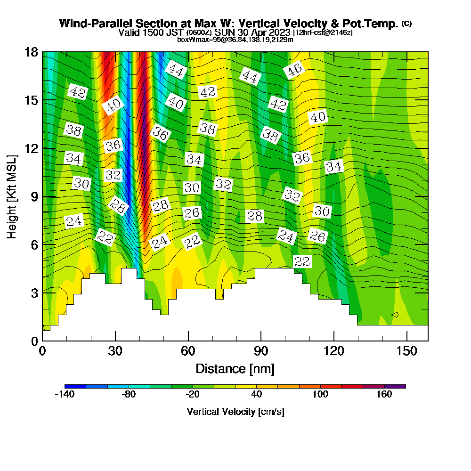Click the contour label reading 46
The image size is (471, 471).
[294, 71]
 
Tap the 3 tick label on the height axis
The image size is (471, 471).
[34, 292]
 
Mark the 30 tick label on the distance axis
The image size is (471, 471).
[115, 351]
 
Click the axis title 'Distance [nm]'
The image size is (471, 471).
[235, 368]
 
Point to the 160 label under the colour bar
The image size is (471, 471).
[384, 395]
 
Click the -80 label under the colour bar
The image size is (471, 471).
[129, 395]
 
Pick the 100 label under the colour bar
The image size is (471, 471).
[320, 395]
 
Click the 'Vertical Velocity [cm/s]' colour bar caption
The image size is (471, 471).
[235, 412]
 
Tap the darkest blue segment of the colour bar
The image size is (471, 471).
[75, 386]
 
